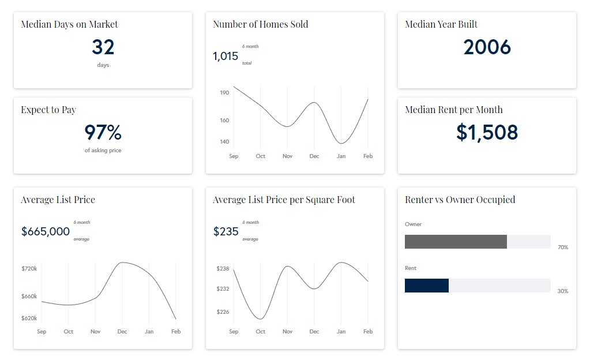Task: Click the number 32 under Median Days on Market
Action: pos(103,47)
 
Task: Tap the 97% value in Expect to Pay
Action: pos(103,133)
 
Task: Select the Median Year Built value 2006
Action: pos(487,47)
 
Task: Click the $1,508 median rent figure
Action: pos(487,133)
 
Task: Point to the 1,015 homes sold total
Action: pos(226,57)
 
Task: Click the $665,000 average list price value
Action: pos(46,232)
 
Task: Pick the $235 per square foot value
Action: pos(226,232)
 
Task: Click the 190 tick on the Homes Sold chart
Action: pos(224,92)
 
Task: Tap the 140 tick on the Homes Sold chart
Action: pos(224,141)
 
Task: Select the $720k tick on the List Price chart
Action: pos(29,269)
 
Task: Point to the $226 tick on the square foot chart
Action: pos(223,312)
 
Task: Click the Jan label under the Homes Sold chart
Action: pos(341,156)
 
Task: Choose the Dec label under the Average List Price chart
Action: pos(122,332)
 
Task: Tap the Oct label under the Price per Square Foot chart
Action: pos(261,332)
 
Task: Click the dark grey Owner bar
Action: pos(456,242)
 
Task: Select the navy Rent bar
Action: pos(427,286)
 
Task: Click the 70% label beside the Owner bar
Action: pos(563,247)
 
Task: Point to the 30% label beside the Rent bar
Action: pos(563,291)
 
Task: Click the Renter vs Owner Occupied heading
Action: pos(460,200)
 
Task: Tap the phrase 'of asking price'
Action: pos(103,151)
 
